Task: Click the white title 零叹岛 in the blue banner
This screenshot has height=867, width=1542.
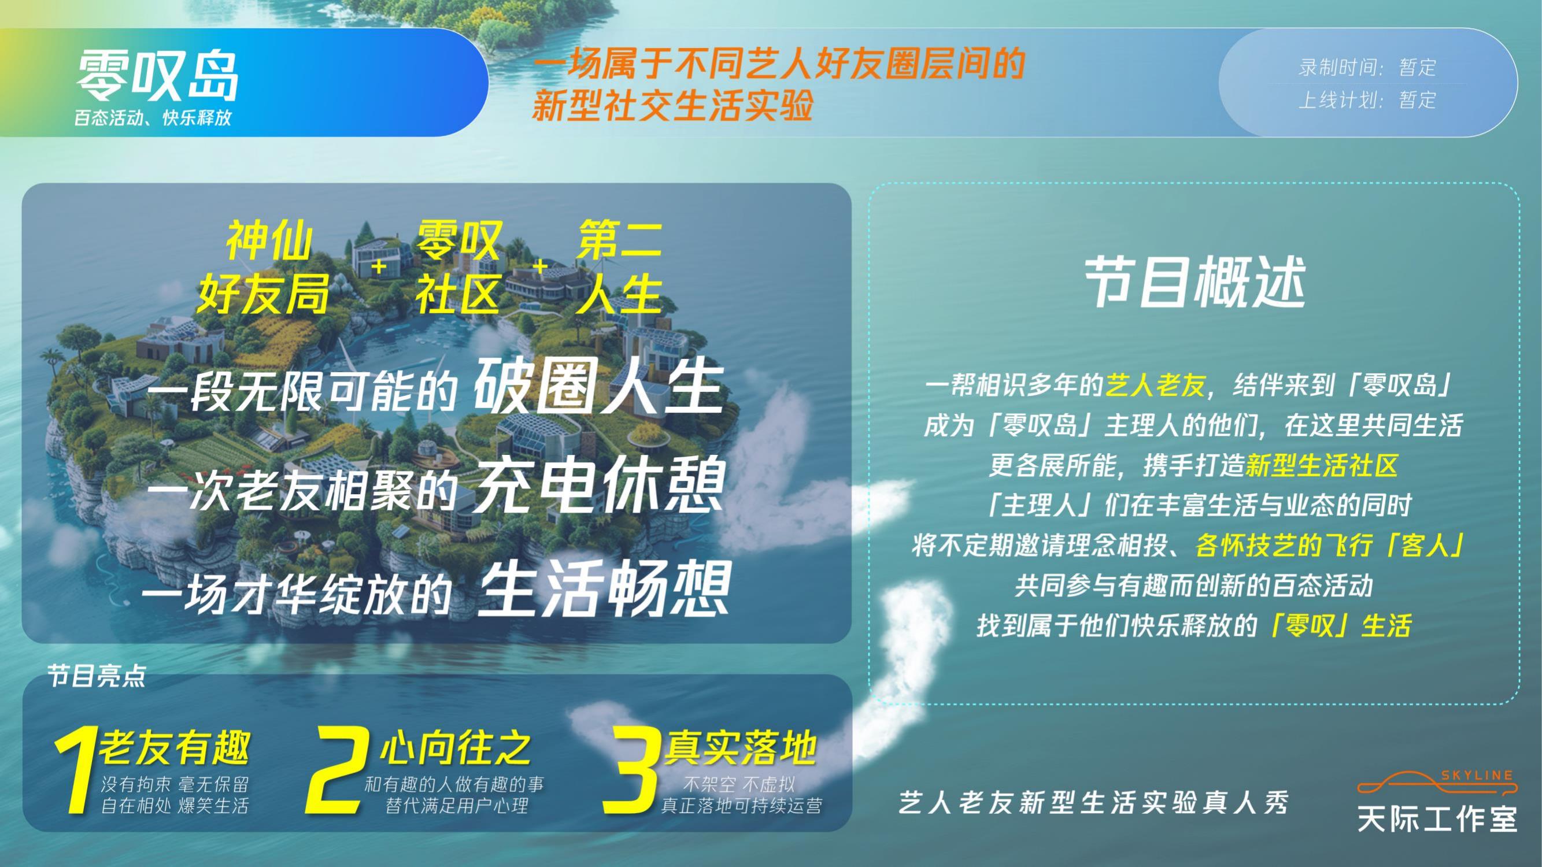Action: (157, 76)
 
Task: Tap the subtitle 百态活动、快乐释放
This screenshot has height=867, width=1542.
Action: (153, 118)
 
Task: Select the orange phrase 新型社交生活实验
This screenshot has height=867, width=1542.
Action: (672, 105)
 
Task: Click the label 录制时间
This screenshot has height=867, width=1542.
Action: (1339, 67)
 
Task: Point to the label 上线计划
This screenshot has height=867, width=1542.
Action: (1339, 100)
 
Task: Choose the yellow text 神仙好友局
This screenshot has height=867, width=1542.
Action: (264, 267)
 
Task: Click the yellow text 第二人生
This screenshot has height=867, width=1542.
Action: (619, 267)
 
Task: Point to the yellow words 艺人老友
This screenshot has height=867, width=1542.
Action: (1155, 386)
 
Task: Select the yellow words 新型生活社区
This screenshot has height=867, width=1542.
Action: (1321, 465)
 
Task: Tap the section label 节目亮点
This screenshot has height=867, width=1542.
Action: (97, 677)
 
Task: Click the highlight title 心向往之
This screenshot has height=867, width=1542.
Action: (455, 749)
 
